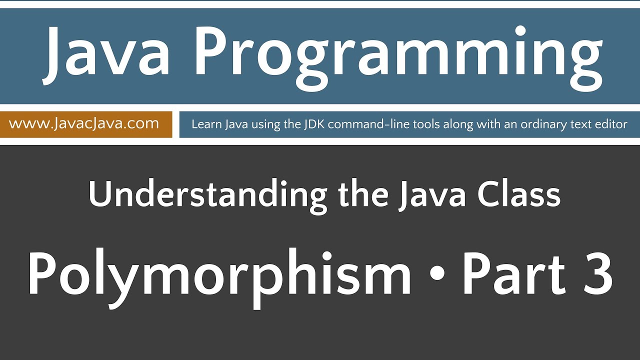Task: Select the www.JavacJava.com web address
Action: click(84, 123)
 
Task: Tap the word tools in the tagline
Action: click(402, 124)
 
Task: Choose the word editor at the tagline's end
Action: click(611, 124)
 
